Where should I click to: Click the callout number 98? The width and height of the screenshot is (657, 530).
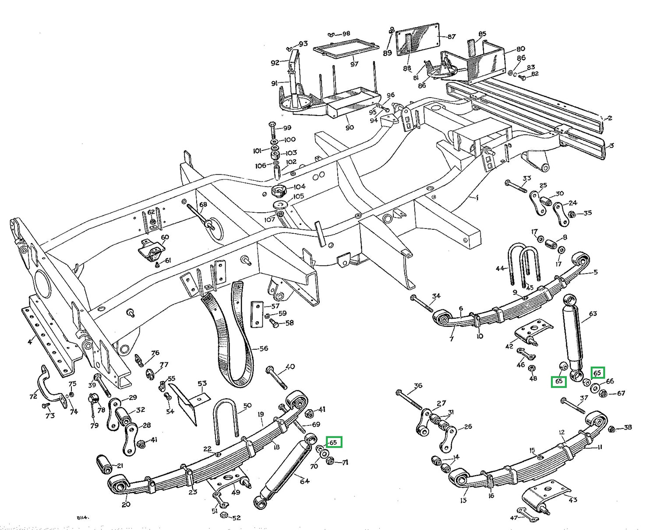(x=346, y=34)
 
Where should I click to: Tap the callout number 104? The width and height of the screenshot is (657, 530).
(x=300, y=186)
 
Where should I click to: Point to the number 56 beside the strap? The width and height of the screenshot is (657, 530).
(x=263, y=349)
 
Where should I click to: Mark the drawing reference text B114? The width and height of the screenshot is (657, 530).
(x=83, y=517)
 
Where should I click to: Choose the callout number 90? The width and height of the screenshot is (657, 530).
(x=350, y=128)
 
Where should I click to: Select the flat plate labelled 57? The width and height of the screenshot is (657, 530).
(x=257, y=314)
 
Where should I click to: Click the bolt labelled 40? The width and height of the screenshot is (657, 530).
(x=277, y=378)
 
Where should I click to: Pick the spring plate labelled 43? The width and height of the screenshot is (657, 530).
(x=545, y=495)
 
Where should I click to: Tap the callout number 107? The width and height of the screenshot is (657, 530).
(x=269, y=219)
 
